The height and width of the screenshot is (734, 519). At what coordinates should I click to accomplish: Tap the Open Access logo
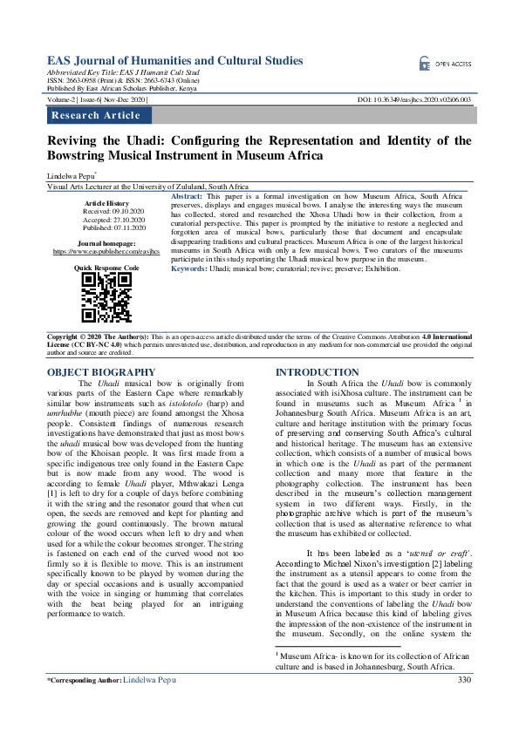(445, 64)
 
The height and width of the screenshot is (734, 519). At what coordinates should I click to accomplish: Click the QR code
(107, 298)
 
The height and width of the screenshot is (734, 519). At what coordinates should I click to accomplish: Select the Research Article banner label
(96, 116)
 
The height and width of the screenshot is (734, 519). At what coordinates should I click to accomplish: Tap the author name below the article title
(72, 175)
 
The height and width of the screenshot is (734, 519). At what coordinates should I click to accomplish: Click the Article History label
(106, 202)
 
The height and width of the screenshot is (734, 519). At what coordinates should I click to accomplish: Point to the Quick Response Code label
(106, 268)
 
